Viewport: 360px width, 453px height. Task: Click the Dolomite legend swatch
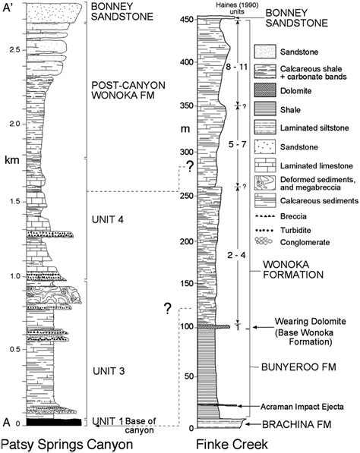[265, 91]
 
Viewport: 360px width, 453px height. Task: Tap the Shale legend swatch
[265, 109]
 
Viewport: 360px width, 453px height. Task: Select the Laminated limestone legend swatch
[265, 165]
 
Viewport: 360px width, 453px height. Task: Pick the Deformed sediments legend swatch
[265, 183]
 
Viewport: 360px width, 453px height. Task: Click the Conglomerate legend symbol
[264, 241]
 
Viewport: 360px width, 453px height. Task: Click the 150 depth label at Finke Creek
[187, 284]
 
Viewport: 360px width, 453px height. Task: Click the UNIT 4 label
[108, 219]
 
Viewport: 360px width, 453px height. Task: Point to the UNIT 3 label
[109, 370]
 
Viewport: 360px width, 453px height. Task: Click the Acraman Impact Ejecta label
[302, 407]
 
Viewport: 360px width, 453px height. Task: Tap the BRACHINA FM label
[296, 424]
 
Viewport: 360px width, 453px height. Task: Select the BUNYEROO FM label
[298, 367]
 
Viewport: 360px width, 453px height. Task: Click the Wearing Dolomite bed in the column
[213, 326]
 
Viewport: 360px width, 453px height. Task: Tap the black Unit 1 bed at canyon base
[54, 422]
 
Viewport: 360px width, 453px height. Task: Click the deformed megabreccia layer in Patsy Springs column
[54, 294]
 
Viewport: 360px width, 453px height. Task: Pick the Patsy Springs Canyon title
[67, 445]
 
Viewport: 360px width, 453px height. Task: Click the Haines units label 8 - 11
[237, 67]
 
